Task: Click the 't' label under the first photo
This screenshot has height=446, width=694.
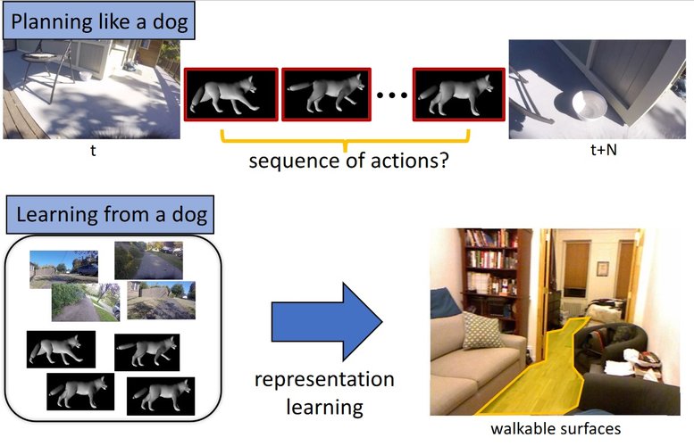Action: click(x=92, y=152)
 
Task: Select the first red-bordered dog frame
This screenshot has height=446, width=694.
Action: click(x=230, y=94)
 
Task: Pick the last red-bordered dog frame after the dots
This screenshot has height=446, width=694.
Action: click(x=453, y=94)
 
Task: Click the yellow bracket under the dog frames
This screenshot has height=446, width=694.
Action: click(x=344, y=140)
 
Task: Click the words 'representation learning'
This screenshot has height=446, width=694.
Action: click(x=323, y=392)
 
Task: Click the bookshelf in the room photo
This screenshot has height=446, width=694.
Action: click(x=489, y=268)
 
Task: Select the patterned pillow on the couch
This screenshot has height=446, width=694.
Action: click(x=482, y=329)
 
